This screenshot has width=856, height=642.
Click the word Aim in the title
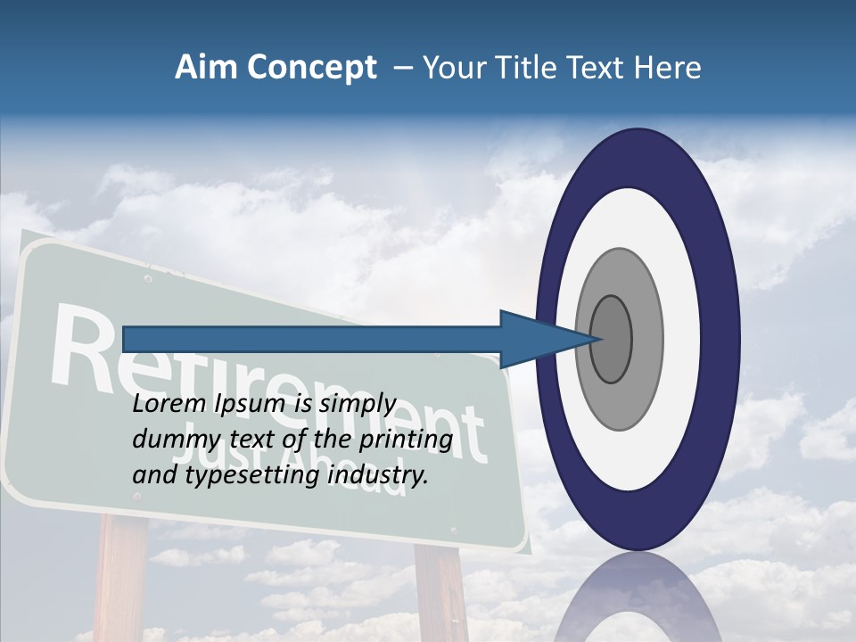(203, 68)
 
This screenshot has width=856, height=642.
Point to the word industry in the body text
(378, 475)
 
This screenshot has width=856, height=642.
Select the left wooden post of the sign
(121, 580)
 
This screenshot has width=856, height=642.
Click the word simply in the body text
(357, 405)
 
